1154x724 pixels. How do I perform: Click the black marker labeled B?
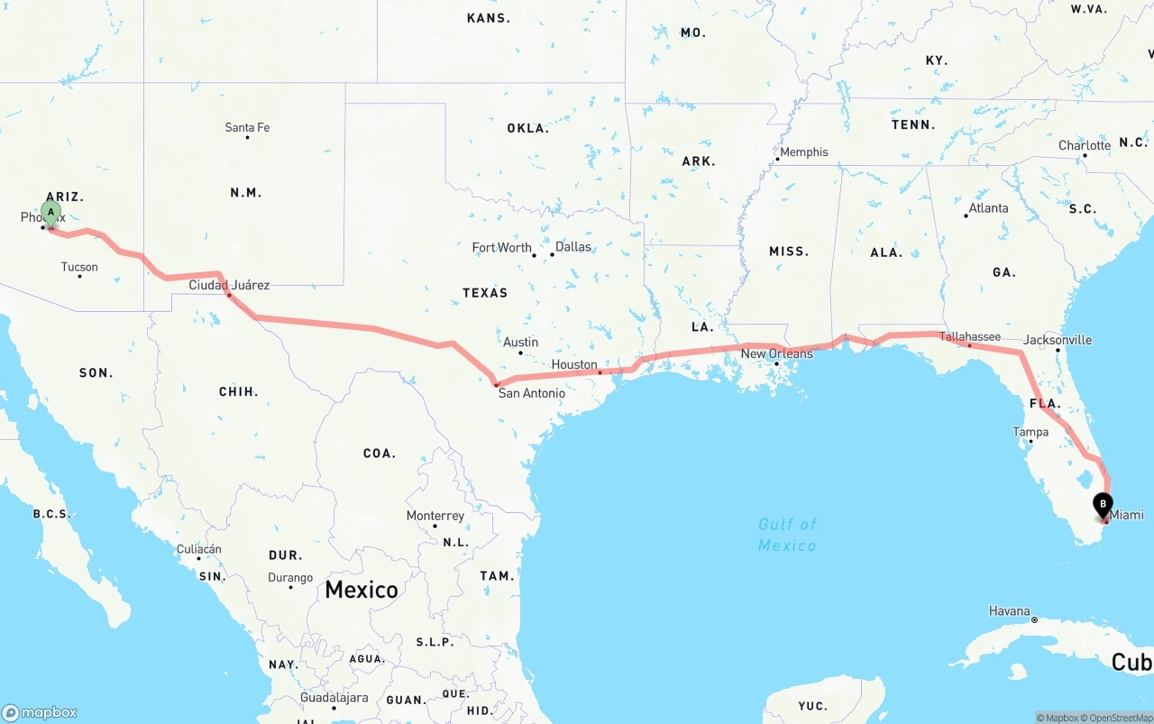coord(1103,506)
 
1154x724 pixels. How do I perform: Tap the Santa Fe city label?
coord(247,128)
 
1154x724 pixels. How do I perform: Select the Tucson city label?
coord(79,267)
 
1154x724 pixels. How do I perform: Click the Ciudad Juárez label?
coord(229,285)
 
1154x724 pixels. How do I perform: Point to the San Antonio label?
coord(532,393)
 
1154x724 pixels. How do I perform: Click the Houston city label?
coord(574,364)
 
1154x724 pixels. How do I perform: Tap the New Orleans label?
coord(776,353)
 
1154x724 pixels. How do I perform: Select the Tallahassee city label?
coord(970,336)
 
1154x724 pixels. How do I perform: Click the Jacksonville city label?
coord(1058,340)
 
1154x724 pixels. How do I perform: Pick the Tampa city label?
coord(1030,432)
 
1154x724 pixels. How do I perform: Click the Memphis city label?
coord(803,151)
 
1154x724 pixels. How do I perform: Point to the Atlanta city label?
coord(988,208)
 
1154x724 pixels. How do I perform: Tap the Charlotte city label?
coord(1085,145)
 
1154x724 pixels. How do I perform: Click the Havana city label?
coord(1009,611)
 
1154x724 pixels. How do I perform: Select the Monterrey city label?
coord(435,516)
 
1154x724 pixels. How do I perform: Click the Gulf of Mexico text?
coord(787,535)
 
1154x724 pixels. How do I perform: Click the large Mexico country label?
coord(362,590)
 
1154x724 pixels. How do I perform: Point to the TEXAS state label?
coord(485,293)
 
